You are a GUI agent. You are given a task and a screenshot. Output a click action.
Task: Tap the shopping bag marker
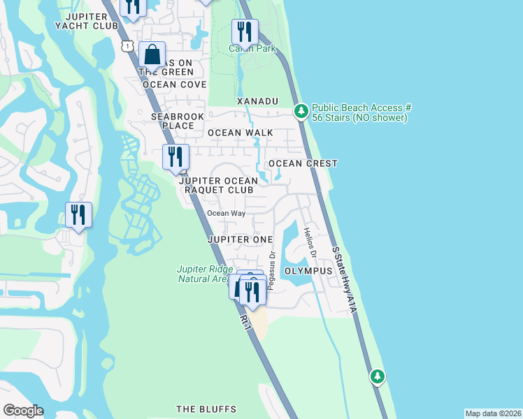(x=152, y=55)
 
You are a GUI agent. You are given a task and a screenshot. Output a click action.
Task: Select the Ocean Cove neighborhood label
(x=174, y=84)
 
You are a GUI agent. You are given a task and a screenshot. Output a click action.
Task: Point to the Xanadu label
(x=257, y=101)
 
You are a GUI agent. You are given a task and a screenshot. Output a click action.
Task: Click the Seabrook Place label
(x=173, y=121)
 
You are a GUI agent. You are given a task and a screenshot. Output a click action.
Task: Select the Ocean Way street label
(x=226, y=213)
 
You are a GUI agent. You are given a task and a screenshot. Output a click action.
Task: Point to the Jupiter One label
(x=240, y=239)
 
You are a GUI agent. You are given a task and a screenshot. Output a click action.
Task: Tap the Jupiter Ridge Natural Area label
(x=203, y=274)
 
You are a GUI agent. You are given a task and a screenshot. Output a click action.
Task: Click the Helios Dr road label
(x=311, y=244)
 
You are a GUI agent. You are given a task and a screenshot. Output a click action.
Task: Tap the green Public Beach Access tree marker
(x=301, y=110)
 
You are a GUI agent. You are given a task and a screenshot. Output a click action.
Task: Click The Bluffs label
(x=206, y=409)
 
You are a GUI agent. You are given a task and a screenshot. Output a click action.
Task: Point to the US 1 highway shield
(x=127, y=46)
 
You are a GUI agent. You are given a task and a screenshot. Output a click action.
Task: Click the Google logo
(x=23, y=411)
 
